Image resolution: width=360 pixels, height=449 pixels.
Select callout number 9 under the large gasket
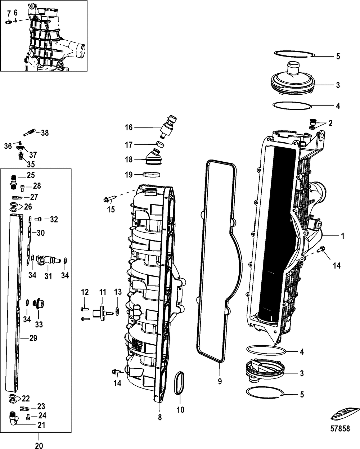tap(219, 381)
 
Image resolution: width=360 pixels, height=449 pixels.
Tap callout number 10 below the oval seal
tap(180, 409)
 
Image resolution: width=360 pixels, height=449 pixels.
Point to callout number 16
tap(129, 127)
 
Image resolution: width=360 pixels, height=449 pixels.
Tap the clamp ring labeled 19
tap(152, 175)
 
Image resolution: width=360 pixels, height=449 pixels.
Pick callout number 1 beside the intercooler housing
tap(342, 236)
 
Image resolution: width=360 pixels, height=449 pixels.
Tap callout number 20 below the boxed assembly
tap(39, 445)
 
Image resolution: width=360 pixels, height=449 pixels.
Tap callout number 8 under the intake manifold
tap(160, 417)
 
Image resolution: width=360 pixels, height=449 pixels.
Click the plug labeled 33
tap(37, 303)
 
